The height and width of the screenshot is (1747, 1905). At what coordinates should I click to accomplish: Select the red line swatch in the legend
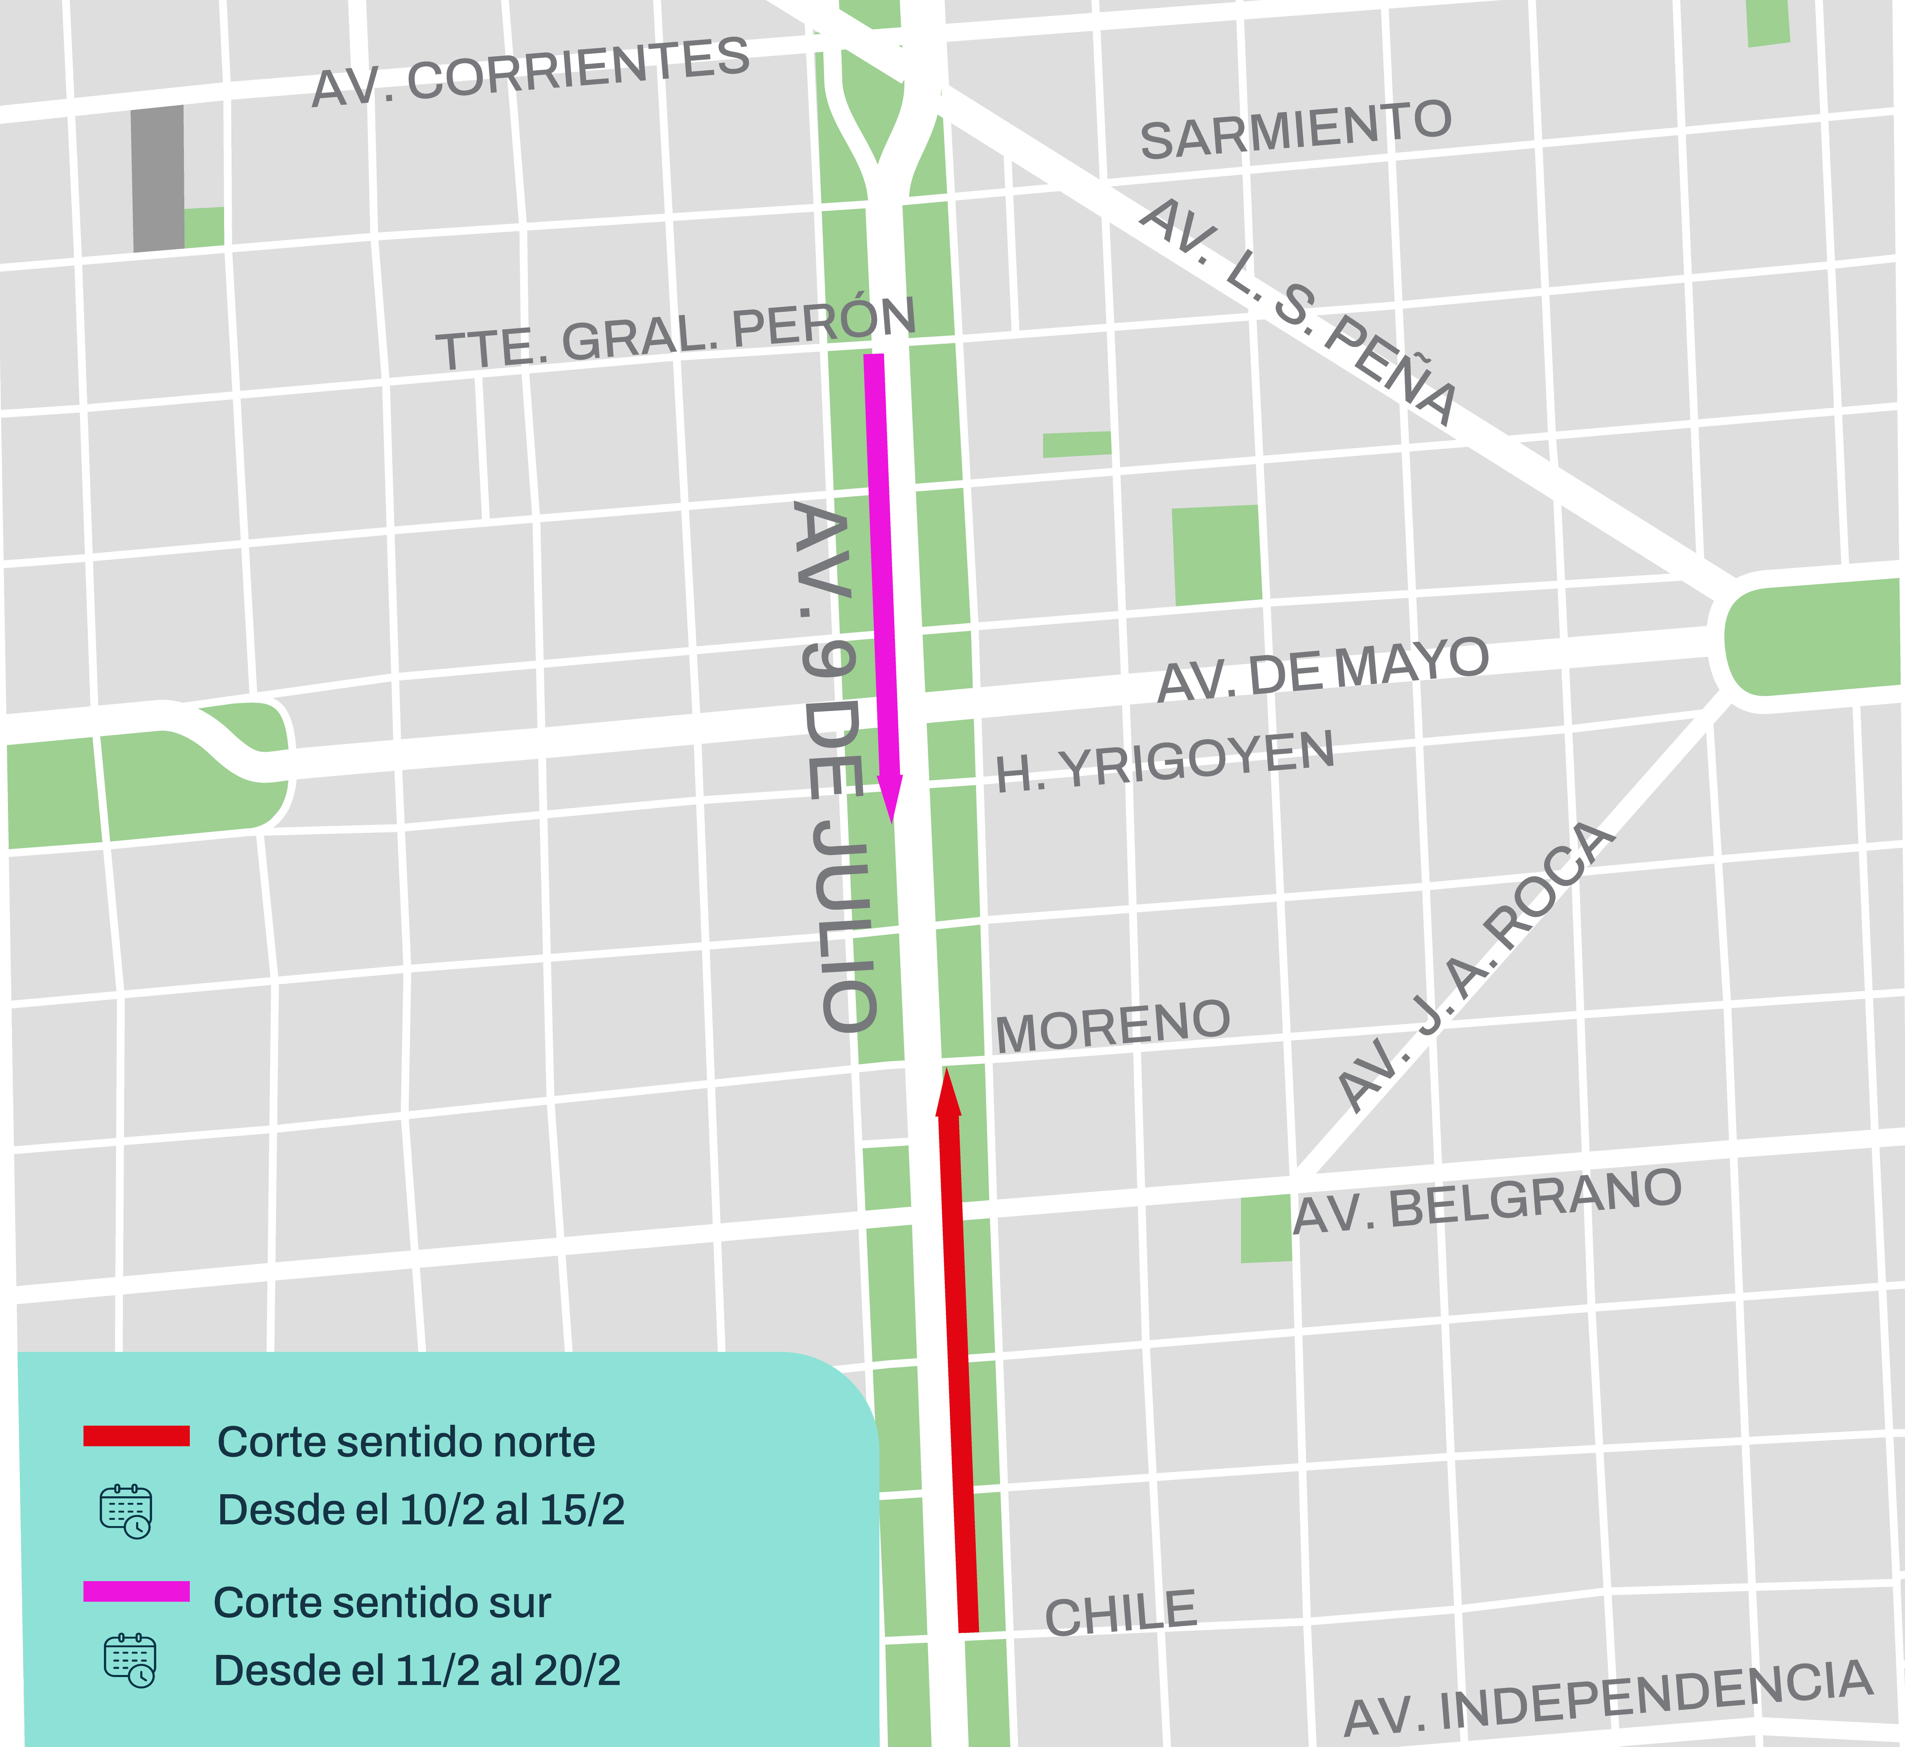point(136,1436)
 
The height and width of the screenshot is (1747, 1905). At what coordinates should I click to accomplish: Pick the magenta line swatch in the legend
point(136,1591)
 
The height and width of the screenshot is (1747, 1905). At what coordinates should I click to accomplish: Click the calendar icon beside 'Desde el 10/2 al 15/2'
point(126,1511)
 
